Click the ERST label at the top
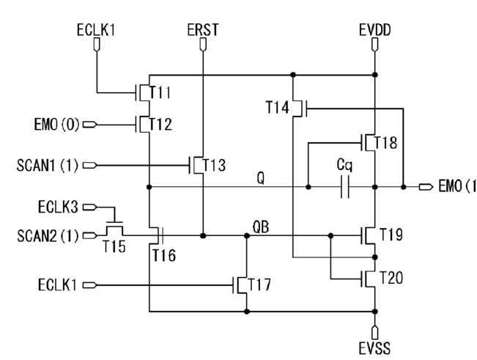click(x=203, y=30)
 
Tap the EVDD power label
click(x=375, y=30)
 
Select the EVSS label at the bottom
click(x=374, y=348)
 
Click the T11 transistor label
click(x=160, y=92)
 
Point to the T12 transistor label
click(x=160, y=124)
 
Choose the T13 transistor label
click(x=214, y=165)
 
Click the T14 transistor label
click(x=278, y=108)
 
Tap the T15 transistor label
click(x=114, y=246)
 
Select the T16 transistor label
click(x=164, y=255)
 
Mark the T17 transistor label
click(x=259, y=284)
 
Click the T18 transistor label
click(x=385, y=142)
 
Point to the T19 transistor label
click(x=391, y=235)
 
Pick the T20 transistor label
click(x=391, y=278)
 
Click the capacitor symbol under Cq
click(x=344, y=186)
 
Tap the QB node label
click(x=261, y=227)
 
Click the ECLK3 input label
click(x=58, y=207)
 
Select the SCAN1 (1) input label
click(x=48, y=165)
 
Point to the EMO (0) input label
click(x=57, y=125)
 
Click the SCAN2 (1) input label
click(x=48, y=236)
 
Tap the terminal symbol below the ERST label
click(x=203, y=45)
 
